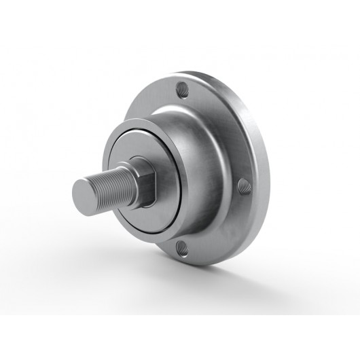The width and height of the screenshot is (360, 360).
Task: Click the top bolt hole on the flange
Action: [183, 88]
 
